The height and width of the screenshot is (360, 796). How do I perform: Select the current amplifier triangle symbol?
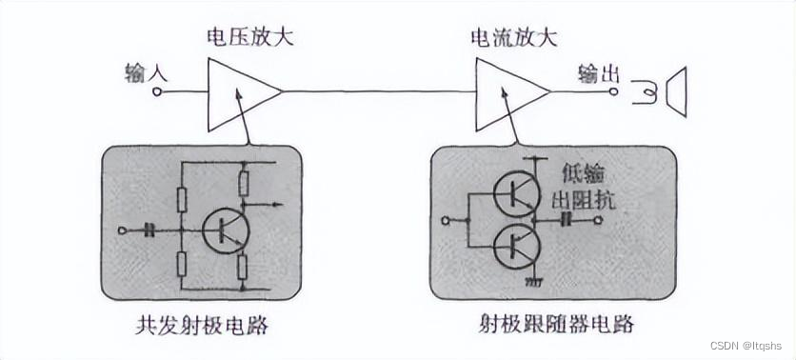(x=508, y=91)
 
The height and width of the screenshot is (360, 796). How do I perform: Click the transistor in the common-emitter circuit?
(x=226, y=229)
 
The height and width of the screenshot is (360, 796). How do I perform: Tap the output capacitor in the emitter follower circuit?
(x=565, y=223)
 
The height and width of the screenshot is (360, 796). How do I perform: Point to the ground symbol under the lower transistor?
(x=533, y=283)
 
